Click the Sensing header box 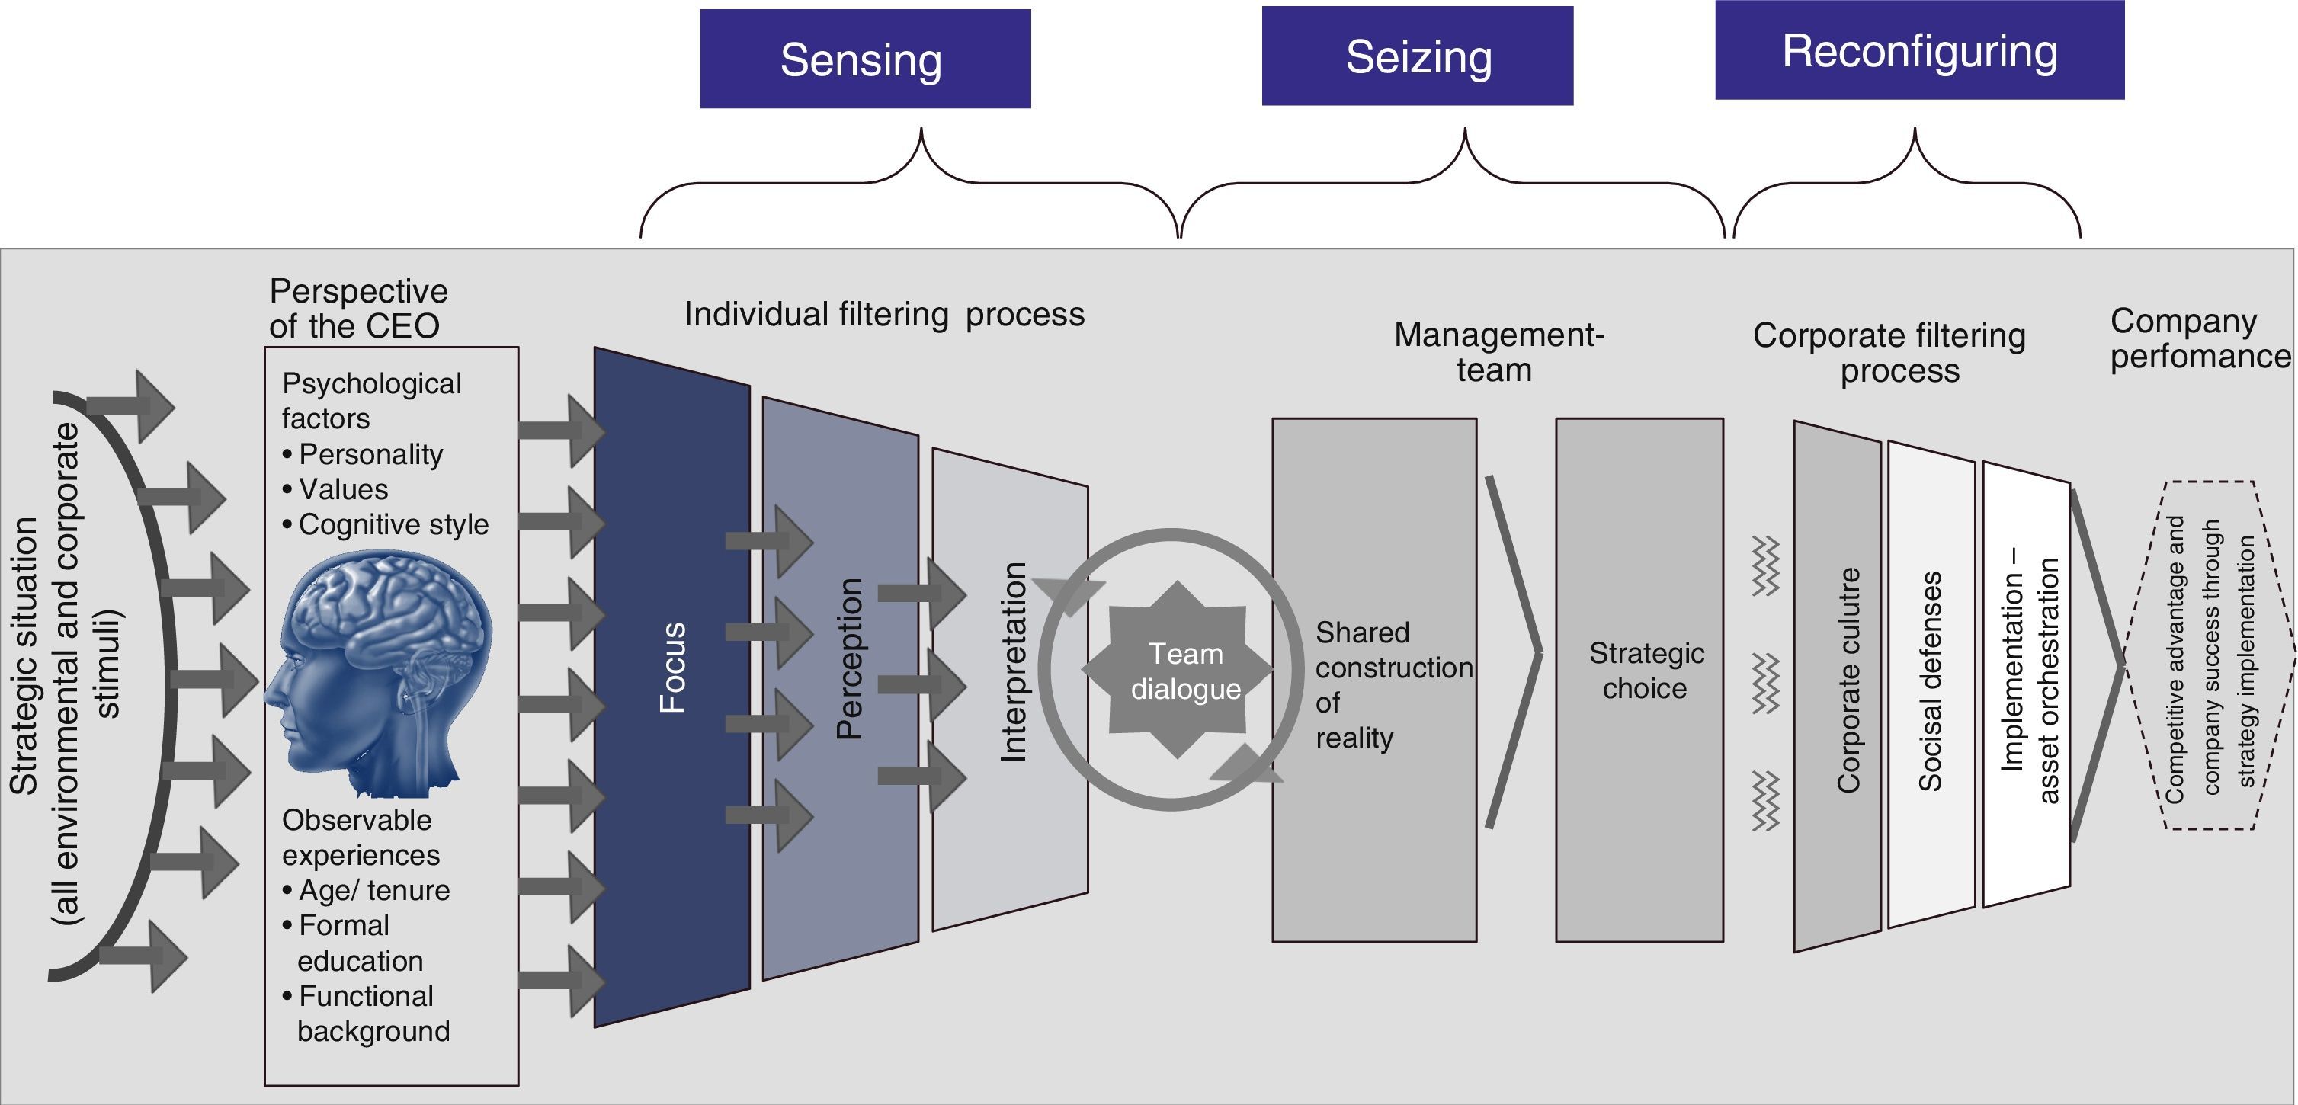864,59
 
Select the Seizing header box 1418,56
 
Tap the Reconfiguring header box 1919,50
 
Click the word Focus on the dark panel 672,667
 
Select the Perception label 849,658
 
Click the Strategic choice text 1645,671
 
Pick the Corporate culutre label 1848,680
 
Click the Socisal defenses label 1931,681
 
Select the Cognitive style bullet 393,524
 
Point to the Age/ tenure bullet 373,890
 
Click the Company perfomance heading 2198,338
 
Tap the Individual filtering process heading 884,314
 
